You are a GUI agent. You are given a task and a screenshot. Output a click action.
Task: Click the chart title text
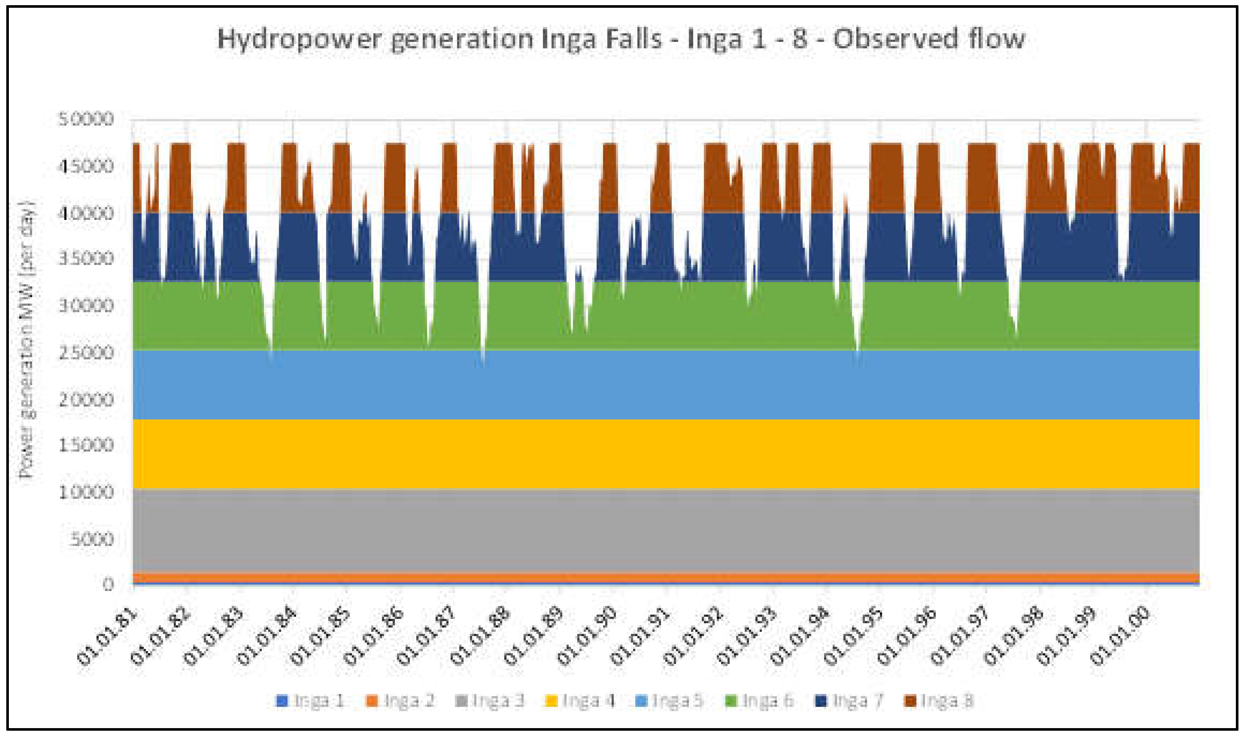click(621, 39)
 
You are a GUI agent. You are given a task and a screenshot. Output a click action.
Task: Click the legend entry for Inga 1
click(311, 701)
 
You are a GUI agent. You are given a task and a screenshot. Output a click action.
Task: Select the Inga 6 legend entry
click(759, 701)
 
